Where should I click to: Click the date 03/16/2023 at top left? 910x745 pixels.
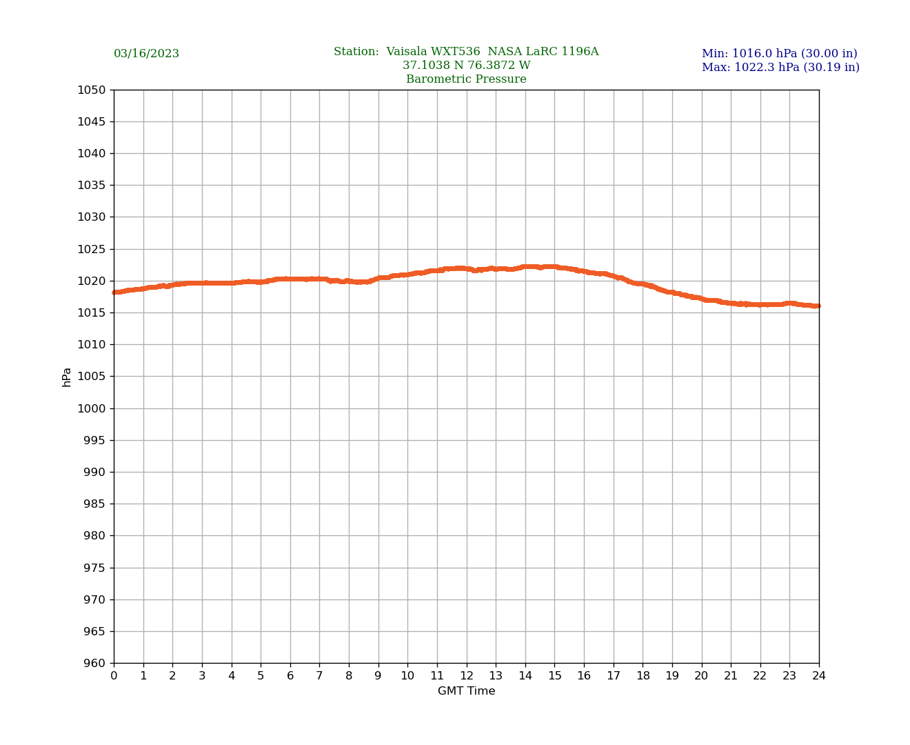146,54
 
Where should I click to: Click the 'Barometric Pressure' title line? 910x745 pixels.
466,79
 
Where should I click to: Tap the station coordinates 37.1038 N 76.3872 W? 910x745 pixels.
466,66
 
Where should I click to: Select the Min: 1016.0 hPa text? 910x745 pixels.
779,54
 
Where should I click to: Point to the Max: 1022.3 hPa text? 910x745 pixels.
780,68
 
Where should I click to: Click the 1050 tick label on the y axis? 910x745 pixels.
92,90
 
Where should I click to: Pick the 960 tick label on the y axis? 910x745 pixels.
94,663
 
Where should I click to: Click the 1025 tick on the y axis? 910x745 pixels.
92,249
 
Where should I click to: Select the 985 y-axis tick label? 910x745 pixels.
94,504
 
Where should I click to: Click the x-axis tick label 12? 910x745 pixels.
467,676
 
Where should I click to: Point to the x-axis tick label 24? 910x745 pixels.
819,676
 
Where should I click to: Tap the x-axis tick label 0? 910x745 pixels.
114,676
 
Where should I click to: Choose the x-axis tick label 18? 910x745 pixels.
643,676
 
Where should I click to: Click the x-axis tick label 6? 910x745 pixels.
290,676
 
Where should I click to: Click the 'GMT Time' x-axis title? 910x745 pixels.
466,691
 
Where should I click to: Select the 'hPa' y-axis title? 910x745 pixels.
67,377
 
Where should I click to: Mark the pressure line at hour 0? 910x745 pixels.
114,292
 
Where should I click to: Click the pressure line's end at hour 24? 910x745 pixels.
818,306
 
